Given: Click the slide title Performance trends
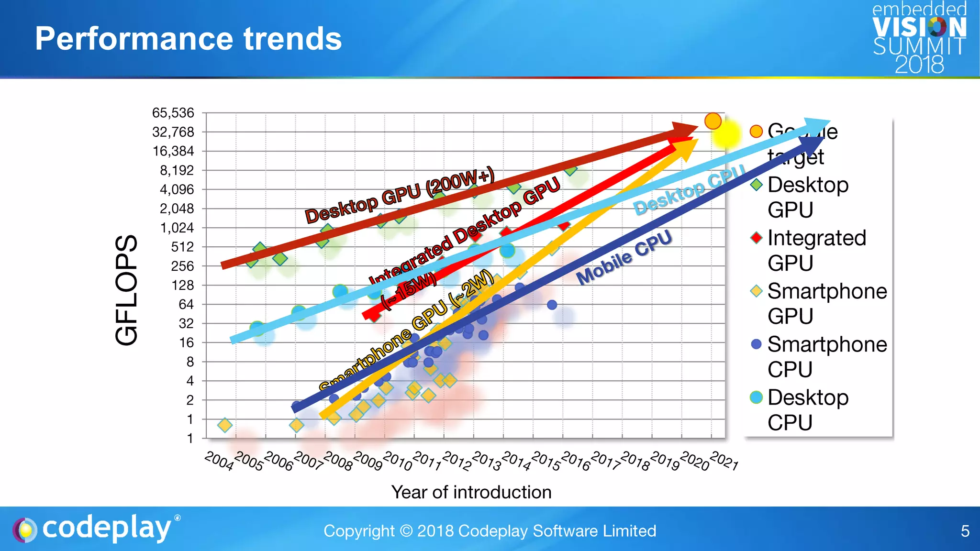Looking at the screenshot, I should [x=188, y=39].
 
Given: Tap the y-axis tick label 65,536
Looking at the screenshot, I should [x=173, y=113].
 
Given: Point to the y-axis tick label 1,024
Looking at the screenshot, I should [x=177, y=228].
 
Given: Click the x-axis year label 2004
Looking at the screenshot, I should [x=219, y=461].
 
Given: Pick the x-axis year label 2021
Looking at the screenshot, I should [x=724, y=461].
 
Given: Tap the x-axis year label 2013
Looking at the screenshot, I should [x=487, y=461].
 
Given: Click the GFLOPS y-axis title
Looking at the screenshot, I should [x=127, y=290].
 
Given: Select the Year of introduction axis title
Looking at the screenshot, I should [x=471, y=492].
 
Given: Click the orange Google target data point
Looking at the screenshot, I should [x=713, y=121].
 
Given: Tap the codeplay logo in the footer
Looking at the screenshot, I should [x=96, y=529].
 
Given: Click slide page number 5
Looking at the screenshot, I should [x=965, y=531].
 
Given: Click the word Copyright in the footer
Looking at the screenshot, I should [x=359, y=531].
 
